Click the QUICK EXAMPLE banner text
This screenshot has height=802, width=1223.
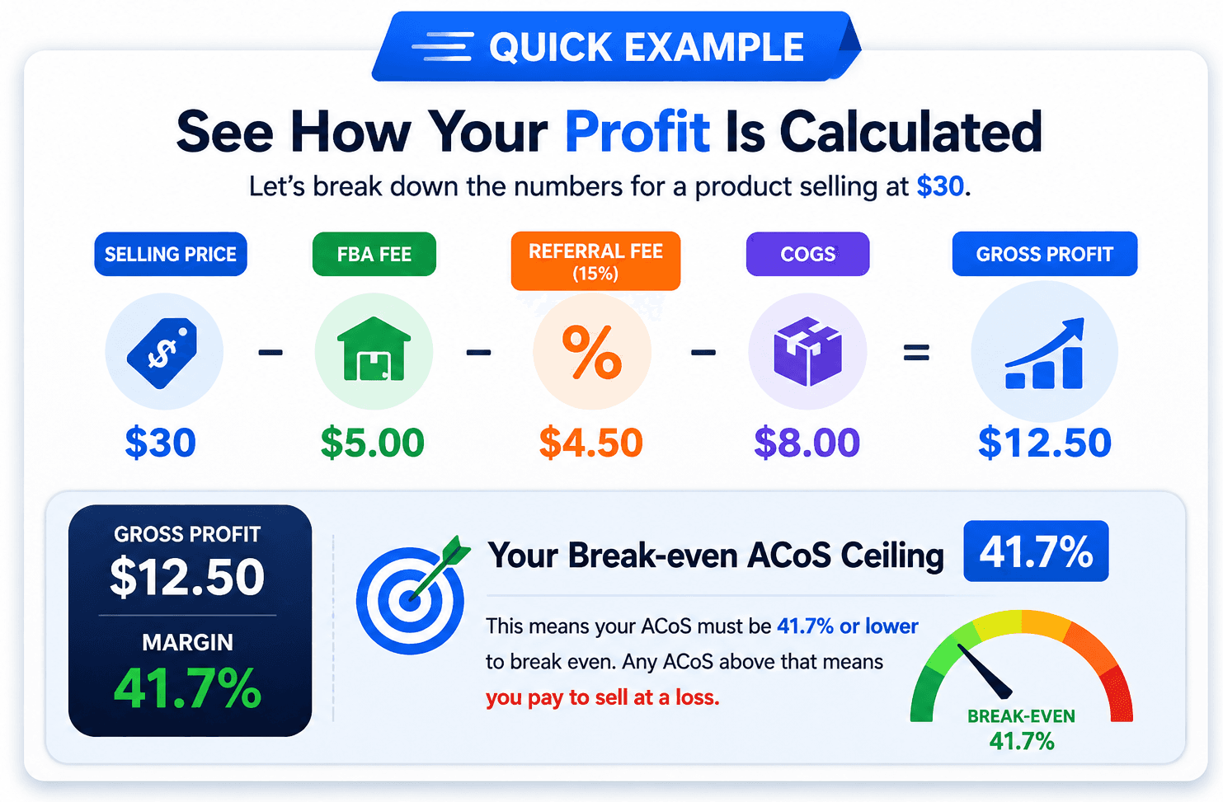(x=647, y=47)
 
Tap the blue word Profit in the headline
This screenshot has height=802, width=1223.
(x=637, y=132)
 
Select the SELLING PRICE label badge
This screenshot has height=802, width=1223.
(x=171, y=254)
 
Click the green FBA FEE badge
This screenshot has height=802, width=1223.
(x=374, y=254)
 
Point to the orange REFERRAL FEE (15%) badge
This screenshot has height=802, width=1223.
(x=595, y=260)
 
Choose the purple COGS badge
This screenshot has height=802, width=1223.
(x=807, y=254)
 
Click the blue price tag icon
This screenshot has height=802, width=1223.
(x=162, y=353)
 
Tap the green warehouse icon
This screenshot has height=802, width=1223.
(x=374, y=349)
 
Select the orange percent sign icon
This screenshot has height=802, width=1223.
(x=592, y=352)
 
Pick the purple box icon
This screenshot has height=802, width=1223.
(x=807, y=352)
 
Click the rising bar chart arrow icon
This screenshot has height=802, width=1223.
(x=1045, y=353)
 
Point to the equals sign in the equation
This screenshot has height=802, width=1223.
(x=916, y=353)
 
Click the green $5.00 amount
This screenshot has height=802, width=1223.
(x=373, y=443)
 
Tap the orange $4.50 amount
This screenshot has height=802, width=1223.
(x=590, y=443)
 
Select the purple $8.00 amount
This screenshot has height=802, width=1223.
(x=807, y=443)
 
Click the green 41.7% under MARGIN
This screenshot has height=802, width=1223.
(x=187, y=688)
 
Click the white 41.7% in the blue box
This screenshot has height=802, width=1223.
(x=1036, y=551)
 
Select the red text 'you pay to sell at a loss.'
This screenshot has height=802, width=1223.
(x=602, y=698)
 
